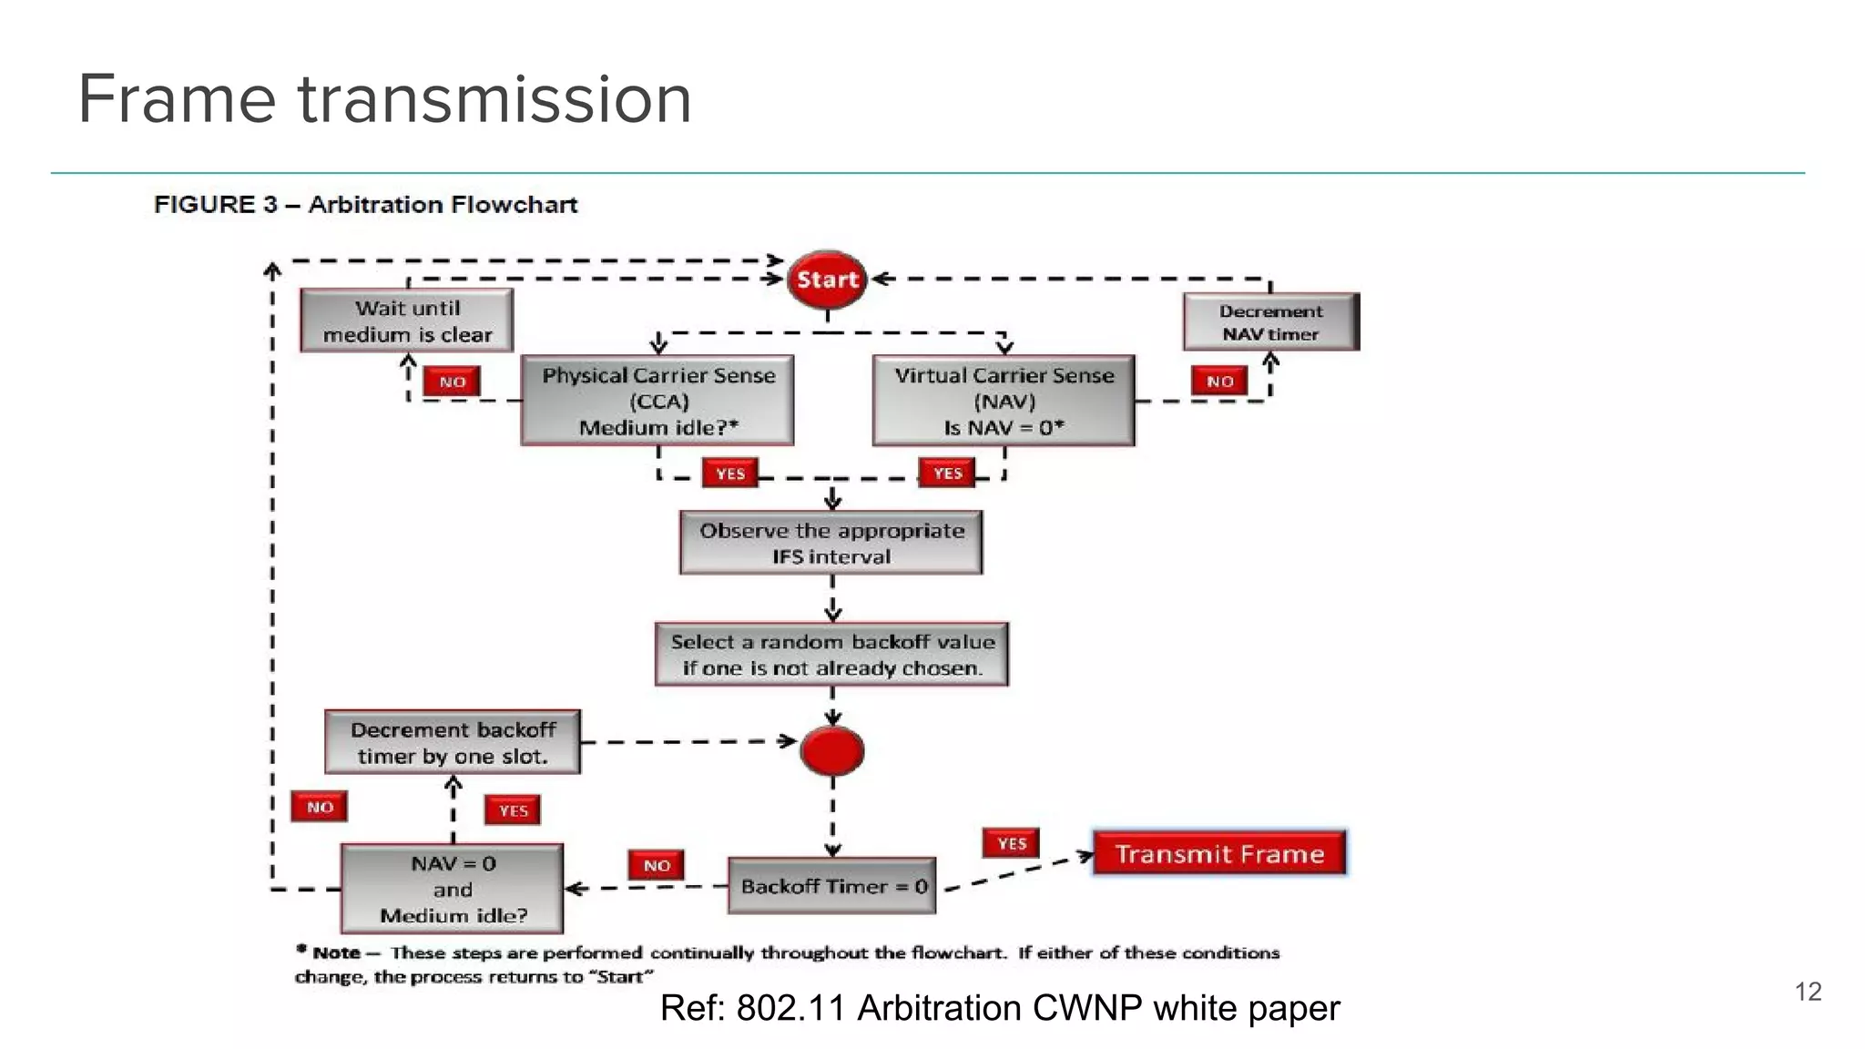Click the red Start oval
pyautogui.click(x=827, y=279)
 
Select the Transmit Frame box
pyautogui.click(x=1219, y=853)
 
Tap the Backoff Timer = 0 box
pyautogui.click(x=832, y=886)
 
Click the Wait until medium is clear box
pyautogui.click(x=407, y=321)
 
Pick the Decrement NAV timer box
pyautogui.click(x=1270, y=321)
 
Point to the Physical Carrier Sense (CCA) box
pyautogui.click(x=657, y=401)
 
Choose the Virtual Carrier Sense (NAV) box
pyautogui.click(x=1004, y=401)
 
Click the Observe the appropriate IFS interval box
pyautogui.click(x=831, y=543)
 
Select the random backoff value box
pyautogui.click(x=831, y=654)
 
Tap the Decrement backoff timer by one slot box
pyautogui.click(x=453, y=742)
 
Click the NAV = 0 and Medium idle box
pyautogui.click(x=453, y=889)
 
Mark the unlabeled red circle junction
pyautogui.click(x=832, y=751)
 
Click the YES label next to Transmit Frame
pyautogui.click(x=1011, y=843)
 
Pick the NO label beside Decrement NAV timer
pyautogui.click(x=1219, y=382)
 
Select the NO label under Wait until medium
pyautogui.click(x=452, y=382)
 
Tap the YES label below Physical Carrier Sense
pyautogui.click(x=729, y=474)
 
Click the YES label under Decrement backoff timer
pyautogui.click(x=513, y=810)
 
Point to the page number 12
pyautogui.click(x=1808, y=992)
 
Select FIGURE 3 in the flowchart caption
pyautogui.click(x=216, y=204)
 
